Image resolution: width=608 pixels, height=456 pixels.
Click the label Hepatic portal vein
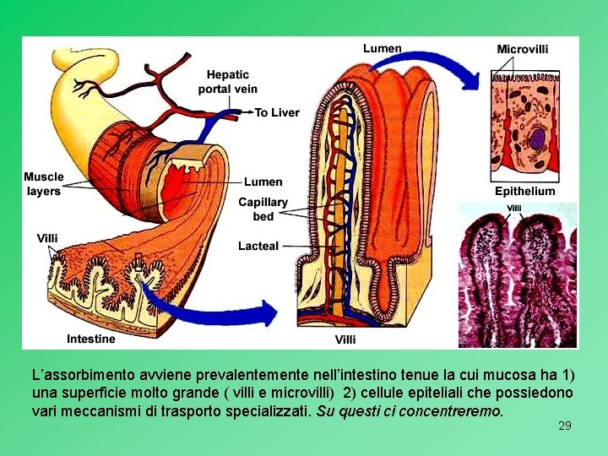click(228, 81)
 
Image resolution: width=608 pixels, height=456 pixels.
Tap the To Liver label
click(277, 112)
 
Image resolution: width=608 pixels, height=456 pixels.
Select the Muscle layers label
click(44, 184)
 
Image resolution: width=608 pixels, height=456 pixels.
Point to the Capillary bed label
click(263, 209)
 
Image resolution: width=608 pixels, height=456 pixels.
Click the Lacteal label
click(258, 246)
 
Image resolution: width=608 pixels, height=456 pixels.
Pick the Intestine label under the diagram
click(91, 339)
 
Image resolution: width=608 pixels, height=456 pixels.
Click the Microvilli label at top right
click(523, 49)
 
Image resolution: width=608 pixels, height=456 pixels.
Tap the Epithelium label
click(525, 191)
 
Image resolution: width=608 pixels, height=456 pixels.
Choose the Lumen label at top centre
click(383, 48)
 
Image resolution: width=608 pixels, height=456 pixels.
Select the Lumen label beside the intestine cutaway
click(263, 182)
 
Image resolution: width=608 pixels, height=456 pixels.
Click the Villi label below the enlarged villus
click(345, 339)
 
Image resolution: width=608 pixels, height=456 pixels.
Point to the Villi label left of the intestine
click(48, 238)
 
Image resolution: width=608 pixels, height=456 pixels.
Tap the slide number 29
click(565, 426)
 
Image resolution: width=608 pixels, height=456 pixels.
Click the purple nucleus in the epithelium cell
click(538, 138)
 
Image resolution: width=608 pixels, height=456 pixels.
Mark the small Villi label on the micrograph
click(513, 208)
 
